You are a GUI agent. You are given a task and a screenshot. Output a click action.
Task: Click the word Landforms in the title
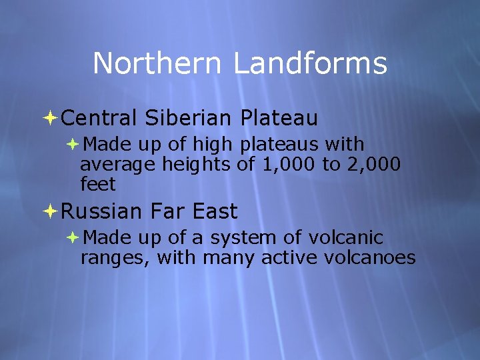point(310,64)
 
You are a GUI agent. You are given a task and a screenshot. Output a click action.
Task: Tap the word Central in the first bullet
point(99,119)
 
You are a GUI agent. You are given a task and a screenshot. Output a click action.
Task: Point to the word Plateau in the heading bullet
point(279,119)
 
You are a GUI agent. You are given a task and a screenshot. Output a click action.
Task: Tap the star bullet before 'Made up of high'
point(73,144)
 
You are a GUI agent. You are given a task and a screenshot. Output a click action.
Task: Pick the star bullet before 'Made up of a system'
point(73,237)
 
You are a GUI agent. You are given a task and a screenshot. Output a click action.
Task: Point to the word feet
point(98,184)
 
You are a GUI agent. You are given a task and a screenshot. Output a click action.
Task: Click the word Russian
point(101,212)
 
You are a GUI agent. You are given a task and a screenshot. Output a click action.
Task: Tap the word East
point(215,212)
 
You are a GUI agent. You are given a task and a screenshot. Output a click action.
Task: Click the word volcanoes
point(377,257)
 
